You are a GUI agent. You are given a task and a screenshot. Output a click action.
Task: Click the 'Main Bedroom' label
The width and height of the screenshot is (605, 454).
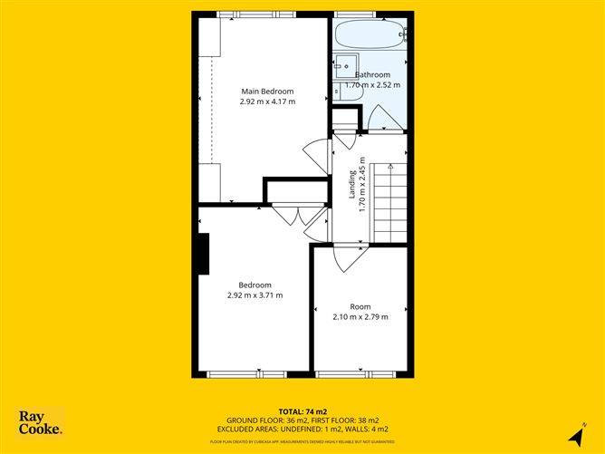267,91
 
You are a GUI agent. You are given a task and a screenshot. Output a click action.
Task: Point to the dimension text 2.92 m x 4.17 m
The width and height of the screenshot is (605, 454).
267,101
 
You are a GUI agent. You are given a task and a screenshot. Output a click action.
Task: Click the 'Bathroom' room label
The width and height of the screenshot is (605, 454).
372,74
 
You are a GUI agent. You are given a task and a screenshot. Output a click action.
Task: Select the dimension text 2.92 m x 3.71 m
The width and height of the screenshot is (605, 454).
254,295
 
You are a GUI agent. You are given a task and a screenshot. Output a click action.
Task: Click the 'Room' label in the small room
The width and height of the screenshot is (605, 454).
360,306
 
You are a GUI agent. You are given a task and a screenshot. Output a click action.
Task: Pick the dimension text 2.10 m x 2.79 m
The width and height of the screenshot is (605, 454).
360,317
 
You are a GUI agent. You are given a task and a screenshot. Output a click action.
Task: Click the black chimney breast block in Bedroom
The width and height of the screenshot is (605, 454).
204,253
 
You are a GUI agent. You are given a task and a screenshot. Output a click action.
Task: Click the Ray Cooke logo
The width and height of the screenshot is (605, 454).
42,422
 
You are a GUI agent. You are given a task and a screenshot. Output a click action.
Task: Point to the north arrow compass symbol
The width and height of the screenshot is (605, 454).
573,436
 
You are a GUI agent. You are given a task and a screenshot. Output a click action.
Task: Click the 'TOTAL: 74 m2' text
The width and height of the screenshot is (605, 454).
302,412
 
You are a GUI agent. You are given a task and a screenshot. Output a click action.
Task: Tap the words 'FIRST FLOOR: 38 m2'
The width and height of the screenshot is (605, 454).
337,420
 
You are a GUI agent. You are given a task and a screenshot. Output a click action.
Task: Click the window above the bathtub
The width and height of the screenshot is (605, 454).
370,14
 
